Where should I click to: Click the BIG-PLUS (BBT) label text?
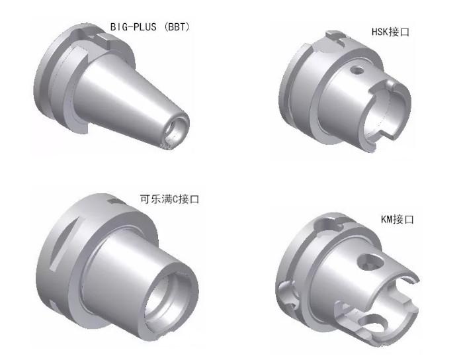click(150, 27)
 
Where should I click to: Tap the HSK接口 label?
click(390, 32)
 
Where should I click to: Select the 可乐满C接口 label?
click(169, 199)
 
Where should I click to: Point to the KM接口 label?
click(398, 220)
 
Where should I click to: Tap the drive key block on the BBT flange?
click(103, 39)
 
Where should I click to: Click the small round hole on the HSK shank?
click(358, 71)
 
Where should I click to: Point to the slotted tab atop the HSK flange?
click(336, 36)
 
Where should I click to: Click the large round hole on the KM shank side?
click(370, 262)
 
